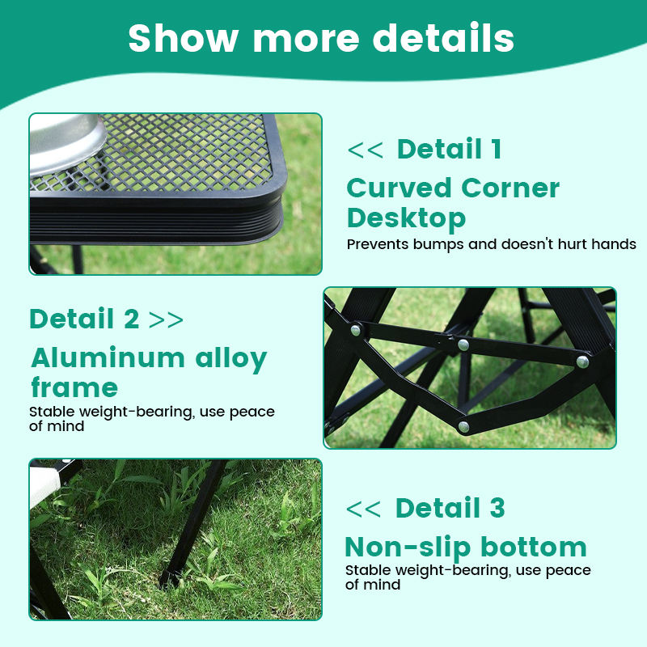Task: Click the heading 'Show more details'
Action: click(321, 38)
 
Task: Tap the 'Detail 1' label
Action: click(449, 149)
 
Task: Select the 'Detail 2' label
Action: click(84, 319)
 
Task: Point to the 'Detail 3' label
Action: click(450, 508)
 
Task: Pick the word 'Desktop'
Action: click(406, 218)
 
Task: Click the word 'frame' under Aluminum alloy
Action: click(74, 387)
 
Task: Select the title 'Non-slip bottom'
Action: click(465, 547)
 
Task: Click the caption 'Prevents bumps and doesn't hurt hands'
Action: click(491, 244)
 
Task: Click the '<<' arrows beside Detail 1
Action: click(365, 150)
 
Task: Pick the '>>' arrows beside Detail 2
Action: click(167, 319)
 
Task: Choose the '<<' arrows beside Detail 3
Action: click(363, 509)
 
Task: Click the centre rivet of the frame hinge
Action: click(463, 345)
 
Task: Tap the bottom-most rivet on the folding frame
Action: click(463, 425)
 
